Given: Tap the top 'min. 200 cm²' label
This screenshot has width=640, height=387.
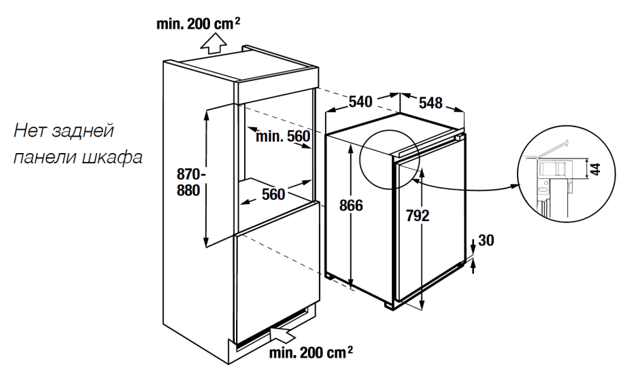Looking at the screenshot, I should tap(197, 24).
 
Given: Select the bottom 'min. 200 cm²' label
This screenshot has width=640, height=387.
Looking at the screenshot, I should tap(311, 352).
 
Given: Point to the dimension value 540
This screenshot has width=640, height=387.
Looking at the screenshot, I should tap(360, 102).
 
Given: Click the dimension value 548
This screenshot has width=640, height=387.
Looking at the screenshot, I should tap(431, 103).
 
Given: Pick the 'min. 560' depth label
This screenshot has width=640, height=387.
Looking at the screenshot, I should tap(283, 137).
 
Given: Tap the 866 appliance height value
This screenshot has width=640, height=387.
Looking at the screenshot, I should tap(352, 206).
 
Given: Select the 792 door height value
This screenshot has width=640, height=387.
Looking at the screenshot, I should tap(418, 216).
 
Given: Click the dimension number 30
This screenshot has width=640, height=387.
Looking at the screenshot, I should tap(486, 240).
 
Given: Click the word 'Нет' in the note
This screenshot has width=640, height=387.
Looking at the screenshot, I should tap(28, 130).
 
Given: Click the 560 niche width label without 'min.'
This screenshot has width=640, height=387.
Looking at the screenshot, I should tap(273, 195).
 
